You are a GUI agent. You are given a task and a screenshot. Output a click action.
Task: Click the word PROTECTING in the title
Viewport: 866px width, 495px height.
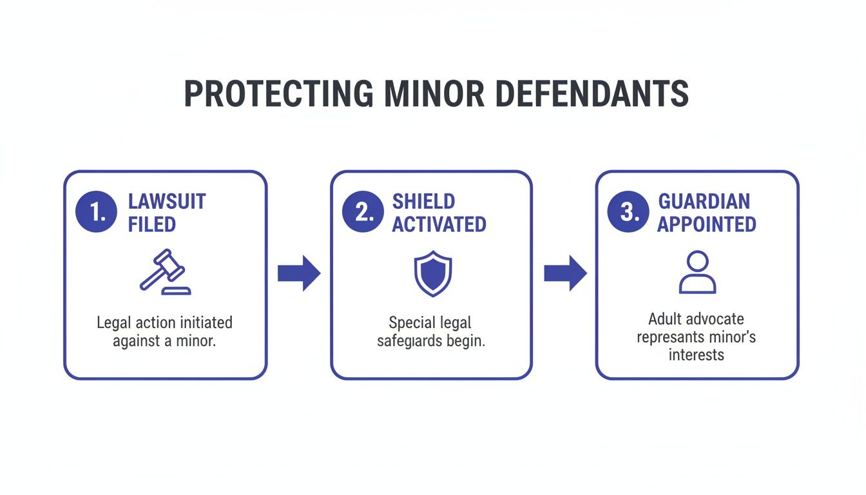pyautogui.click(x=278, y=94)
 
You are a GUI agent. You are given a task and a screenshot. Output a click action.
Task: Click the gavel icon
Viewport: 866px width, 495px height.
pyautogui.click(x=165, y=273)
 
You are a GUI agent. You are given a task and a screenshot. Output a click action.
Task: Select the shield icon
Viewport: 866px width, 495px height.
pyautogui.click(x=432, y=274)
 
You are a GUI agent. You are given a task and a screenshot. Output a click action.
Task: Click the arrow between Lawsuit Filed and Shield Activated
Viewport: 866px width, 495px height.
pyautogui.click(x=299, y=273)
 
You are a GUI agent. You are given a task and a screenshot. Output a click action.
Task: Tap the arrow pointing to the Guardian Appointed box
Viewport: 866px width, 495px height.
pyautogui.click(x=565, y=273)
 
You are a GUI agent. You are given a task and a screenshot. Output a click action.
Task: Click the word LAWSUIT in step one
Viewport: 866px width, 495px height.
pyautogui.click(x=167, y=201)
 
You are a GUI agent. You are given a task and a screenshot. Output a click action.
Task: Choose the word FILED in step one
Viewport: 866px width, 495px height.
pyautogui.click(x=151, y=224)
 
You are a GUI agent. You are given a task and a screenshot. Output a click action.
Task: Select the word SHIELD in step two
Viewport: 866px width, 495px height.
pyautogui.click(x=423, y=201)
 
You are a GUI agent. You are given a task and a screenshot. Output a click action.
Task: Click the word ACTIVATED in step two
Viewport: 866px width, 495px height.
pyautogui.click(x=439, y=224)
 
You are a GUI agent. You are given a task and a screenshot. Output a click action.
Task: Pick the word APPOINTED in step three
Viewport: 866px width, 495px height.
pyautogui.click(x=707, y=224)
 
